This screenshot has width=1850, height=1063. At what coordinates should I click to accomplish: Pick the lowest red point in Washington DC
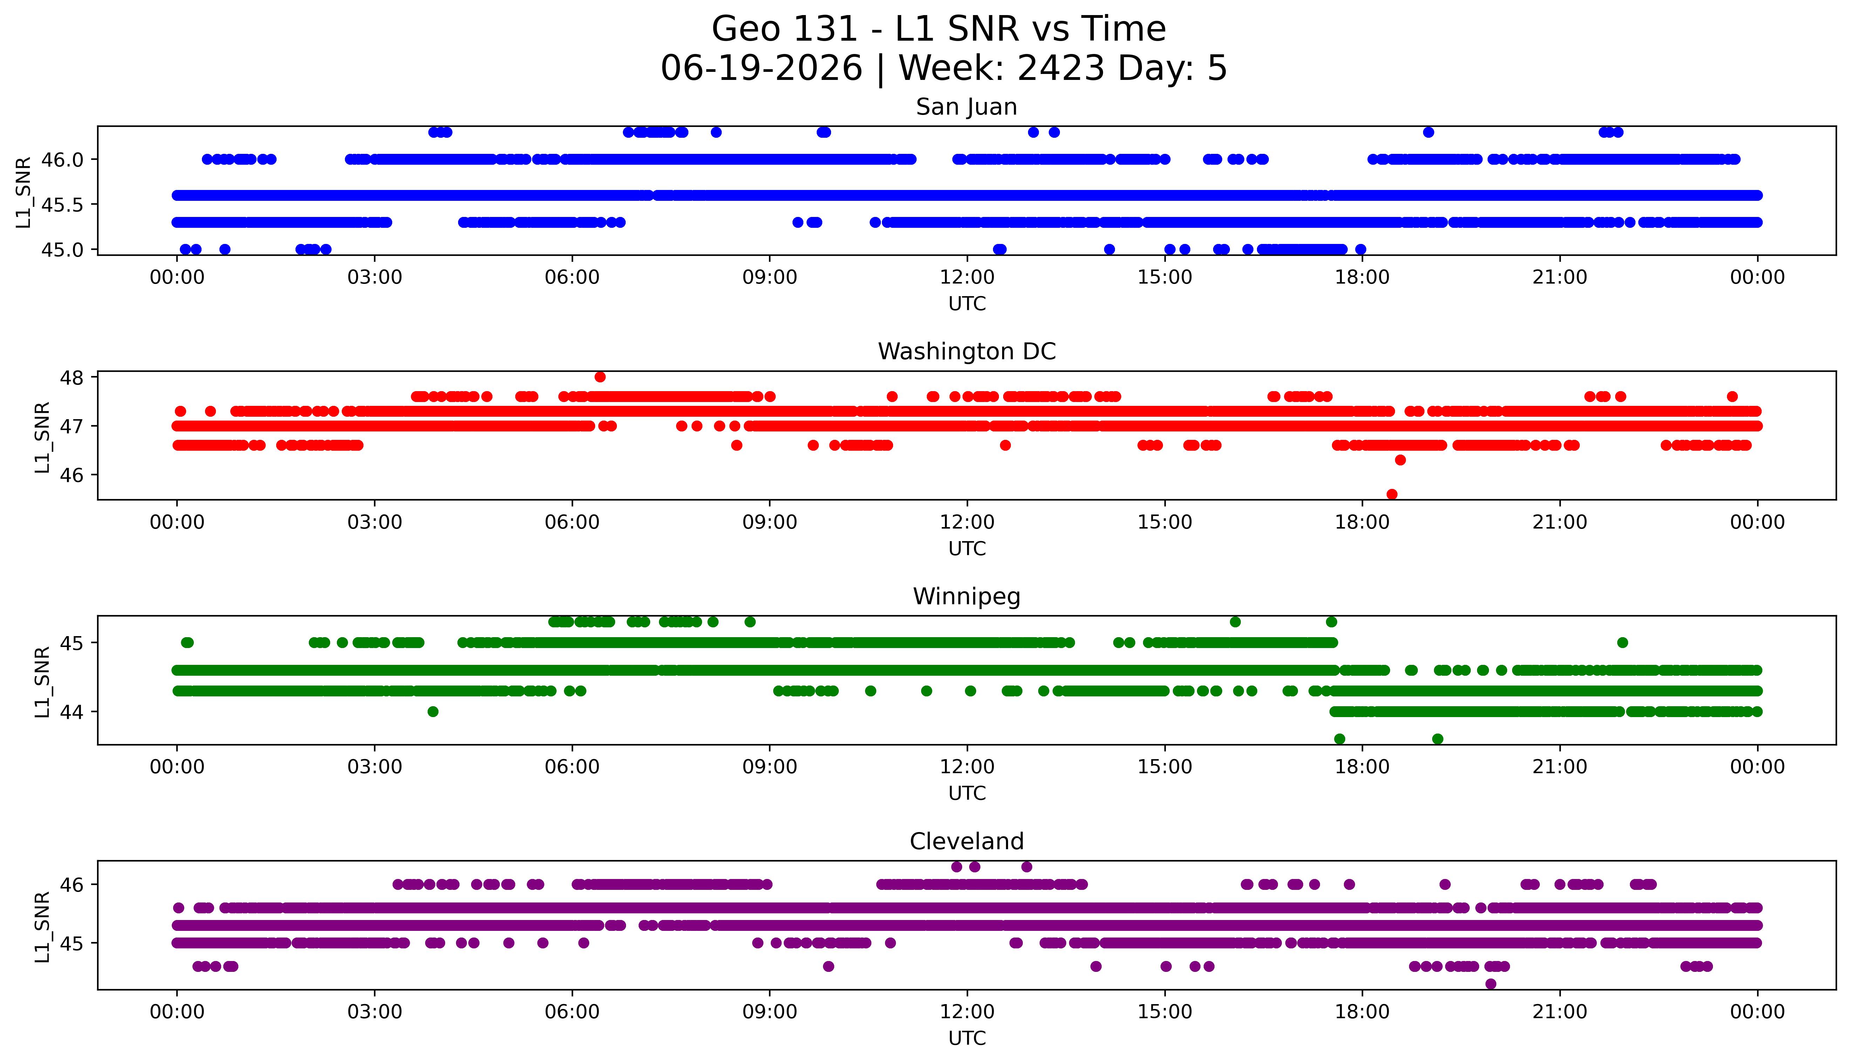coord(1392,494)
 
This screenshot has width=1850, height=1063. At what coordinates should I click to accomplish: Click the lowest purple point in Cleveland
coord(1491,984)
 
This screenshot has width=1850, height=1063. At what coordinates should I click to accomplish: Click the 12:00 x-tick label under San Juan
coord(967,278)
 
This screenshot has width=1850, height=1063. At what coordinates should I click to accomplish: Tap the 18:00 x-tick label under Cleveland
coord(1362,1012)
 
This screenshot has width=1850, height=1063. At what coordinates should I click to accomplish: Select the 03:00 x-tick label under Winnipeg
coord(375,767)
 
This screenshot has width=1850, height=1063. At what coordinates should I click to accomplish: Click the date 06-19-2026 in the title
coord(761,69)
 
